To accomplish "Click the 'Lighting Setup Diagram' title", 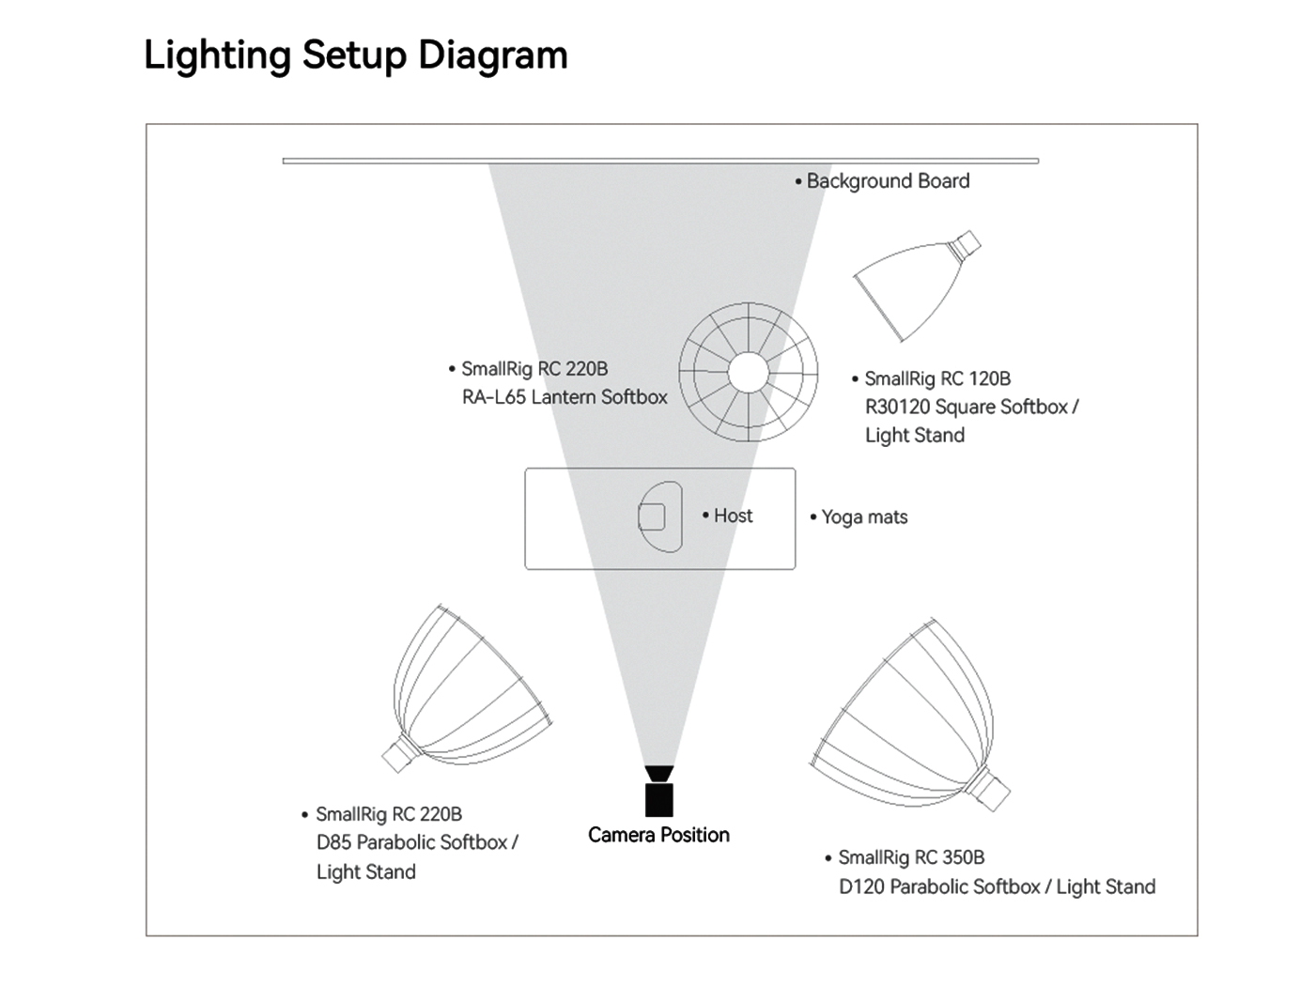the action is click(356, 55).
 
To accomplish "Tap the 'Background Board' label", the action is click(888, 181).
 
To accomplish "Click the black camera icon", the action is click(659, 791).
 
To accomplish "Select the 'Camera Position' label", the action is click(658, 835).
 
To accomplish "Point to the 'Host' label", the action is click(733, 516).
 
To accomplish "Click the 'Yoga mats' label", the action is click(864, 516).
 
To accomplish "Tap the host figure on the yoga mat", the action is click(659, 516).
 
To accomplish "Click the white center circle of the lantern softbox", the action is click(748, 373).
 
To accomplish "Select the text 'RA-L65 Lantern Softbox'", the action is click(565, 397).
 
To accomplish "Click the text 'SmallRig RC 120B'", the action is click(937, 378).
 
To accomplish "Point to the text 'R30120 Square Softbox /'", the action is click(972, 407).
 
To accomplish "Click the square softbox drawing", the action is click(917, 285).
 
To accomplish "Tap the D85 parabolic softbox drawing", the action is click(467, 688).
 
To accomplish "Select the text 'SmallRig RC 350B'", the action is click(911, 857).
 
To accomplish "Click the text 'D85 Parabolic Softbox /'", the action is click(417, 842).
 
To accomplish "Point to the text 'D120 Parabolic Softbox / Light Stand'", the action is click(997, 886).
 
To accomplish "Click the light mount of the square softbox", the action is click(965, 244).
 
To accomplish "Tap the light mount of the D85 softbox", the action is click(399, 755).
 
